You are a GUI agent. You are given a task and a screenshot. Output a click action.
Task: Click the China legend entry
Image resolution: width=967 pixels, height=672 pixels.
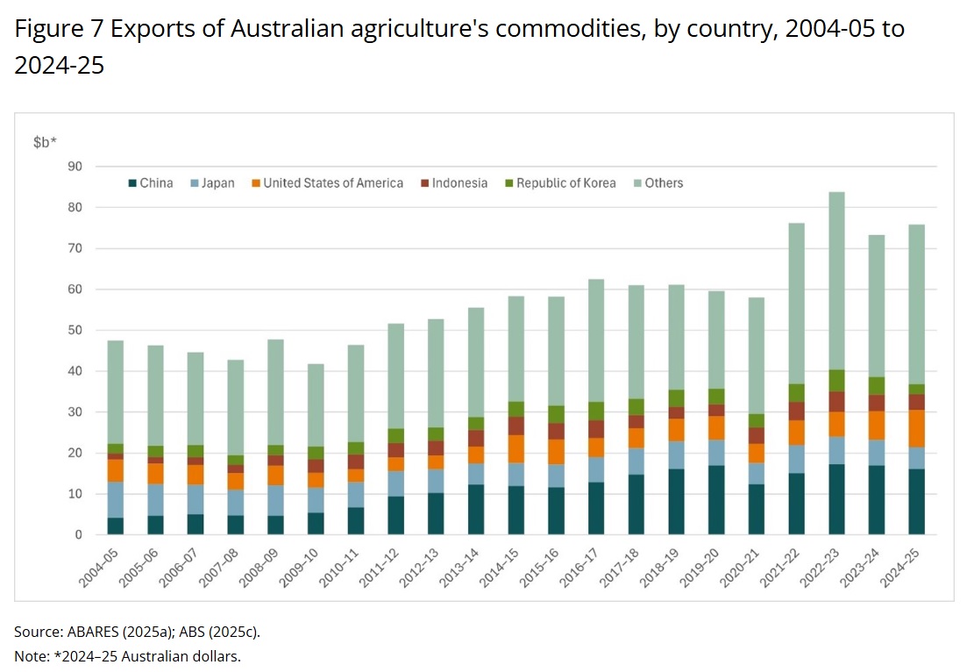click(151, 183)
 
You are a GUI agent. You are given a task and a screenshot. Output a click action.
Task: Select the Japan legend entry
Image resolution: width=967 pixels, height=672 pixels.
click(213, 183)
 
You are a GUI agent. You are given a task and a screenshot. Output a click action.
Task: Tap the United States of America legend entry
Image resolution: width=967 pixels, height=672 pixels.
click(328, 183)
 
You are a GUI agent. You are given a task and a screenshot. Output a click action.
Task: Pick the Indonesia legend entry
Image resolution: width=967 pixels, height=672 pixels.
click(454, 183)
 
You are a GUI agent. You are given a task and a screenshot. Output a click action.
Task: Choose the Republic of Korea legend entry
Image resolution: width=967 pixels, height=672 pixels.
click(560, 183)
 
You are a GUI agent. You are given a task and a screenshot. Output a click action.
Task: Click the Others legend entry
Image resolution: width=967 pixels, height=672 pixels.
click(658, 183)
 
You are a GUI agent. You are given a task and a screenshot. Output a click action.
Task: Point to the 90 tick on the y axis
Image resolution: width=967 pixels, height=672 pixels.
click(75, 167)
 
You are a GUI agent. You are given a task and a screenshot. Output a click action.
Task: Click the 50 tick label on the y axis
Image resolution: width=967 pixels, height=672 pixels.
click(75, 330)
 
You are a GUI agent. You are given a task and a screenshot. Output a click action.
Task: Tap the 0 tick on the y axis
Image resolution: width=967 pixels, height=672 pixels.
click(78, 535)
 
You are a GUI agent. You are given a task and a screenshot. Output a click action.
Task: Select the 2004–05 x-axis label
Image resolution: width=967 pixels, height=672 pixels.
click(99, 568)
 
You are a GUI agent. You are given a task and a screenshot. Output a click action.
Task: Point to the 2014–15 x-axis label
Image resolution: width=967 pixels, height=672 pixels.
click(499, 568)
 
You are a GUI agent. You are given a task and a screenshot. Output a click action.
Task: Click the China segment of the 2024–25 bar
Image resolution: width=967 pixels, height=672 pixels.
click(916, 502)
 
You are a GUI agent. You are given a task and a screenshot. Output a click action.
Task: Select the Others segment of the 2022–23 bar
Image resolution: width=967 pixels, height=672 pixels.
click(836, 281)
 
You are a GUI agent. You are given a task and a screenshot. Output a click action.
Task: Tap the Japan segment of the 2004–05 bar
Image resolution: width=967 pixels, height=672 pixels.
click(116, 500)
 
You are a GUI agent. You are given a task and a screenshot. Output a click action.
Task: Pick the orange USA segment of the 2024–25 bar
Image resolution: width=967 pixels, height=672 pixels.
click(916, 429)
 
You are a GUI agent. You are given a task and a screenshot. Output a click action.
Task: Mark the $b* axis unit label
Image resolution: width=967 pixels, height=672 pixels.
click(45, 142)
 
